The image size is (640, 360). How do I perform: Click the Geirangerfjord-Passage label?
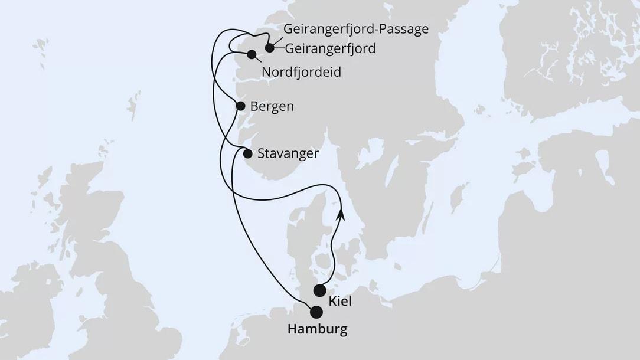tap(355, 30)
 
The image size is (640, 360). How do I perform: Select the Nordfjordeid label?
tap(301, 73)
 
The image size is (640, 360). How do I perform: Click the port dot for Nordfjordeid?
tap(252, 55)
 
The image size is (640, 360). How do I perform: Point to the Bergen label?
tap(272, 107)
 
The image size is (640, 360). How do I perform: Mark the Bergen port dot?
tap(240, 106)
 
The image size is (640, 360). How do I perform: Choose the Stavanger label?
tap(288, 153)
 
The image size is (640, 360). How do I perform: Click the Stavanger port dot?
tap(248, 153)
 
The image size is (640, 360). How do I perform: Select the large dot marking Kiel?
tap(319, 290)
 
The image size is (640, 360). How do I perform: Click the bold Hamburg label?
tap(317, 329)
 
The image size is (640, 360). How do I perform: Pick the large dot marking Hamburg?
tap(317, 312)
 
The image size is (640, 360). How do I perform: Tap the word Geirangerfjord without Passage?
tap(331, 48)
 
